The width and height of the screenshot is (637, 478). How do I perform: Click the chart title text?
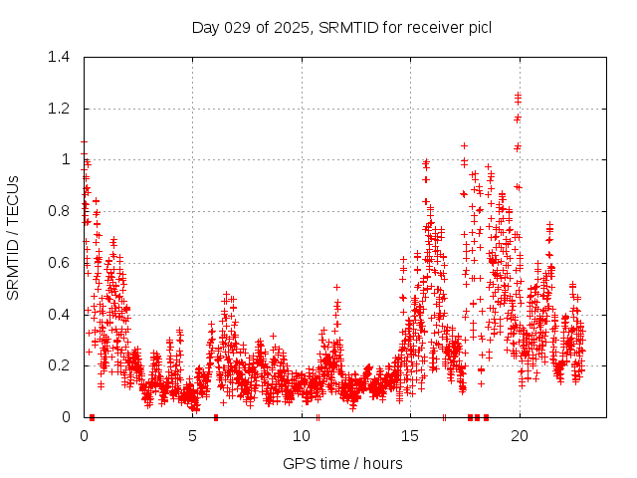341,27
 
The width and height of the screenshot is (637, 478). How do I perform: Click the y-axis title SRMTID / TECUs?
14,237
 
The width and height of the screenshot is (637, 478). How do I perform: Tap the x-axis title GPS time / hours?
342,463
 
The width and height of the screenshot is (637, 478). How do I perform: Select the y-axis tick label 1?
67,159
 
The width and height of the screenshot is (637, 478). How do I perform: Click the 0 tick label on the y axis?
67,417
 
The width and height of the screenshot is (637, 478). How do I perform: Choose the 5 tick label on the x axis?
193,436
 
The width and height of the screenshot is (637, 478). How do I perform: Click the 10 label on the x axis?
302,436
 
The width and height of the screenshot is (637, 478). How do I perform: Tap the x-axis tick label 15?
410,436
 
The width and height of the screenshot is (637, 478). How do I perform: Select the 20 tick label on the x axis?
519,436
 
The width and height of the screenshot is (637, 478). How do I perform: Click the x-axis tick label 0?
84,436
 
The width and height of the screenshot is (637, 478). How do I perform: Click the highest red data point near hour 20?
518,95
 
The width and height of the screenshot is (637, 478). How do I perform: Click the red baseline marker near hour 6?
216,417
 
